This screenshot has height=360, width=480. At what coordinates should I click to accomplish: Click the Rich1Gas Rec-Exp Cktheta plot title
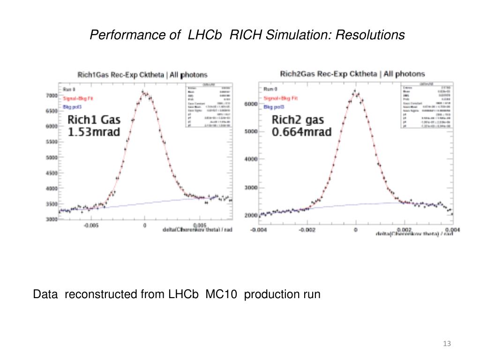click(x=142, y=75)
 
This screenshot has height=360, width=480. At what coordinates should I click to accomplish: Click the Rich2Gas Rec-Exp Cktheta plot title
click(x=352, y=74)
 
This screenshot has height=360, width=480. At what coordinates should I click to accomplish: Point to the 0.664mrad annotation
click(x=301, y=132)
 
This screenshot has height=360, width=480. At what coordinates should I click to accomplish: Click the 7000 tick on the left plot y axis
click(x=51, y=96)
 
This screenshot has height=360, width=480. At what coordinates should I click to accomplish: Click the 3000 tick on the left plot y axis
click(x=51, y=219)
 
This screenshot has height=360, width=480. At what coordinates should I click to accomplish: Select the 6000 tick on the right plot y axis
click(x=251, y=104)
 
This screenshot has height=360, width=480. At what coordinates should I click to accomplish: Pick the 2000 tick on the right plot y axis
click(x=251, y=216)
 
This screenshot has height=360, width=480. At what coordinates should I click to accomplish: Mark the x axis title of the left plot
click(x=197, y=230)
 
